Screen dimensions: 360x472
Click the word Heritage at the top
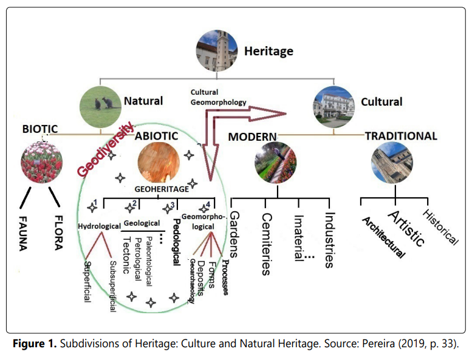pos(268,51)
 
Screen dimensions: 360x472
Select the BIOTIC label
pos(40,129)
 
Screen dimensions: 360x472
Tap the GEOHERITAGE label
pos(161,189)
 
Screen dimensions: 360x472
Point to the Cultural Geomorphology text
pos(217,98)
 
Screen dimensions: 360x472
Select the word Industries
pos(329,239)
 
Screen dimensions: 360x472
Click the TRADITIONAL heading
pos(400,137)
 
